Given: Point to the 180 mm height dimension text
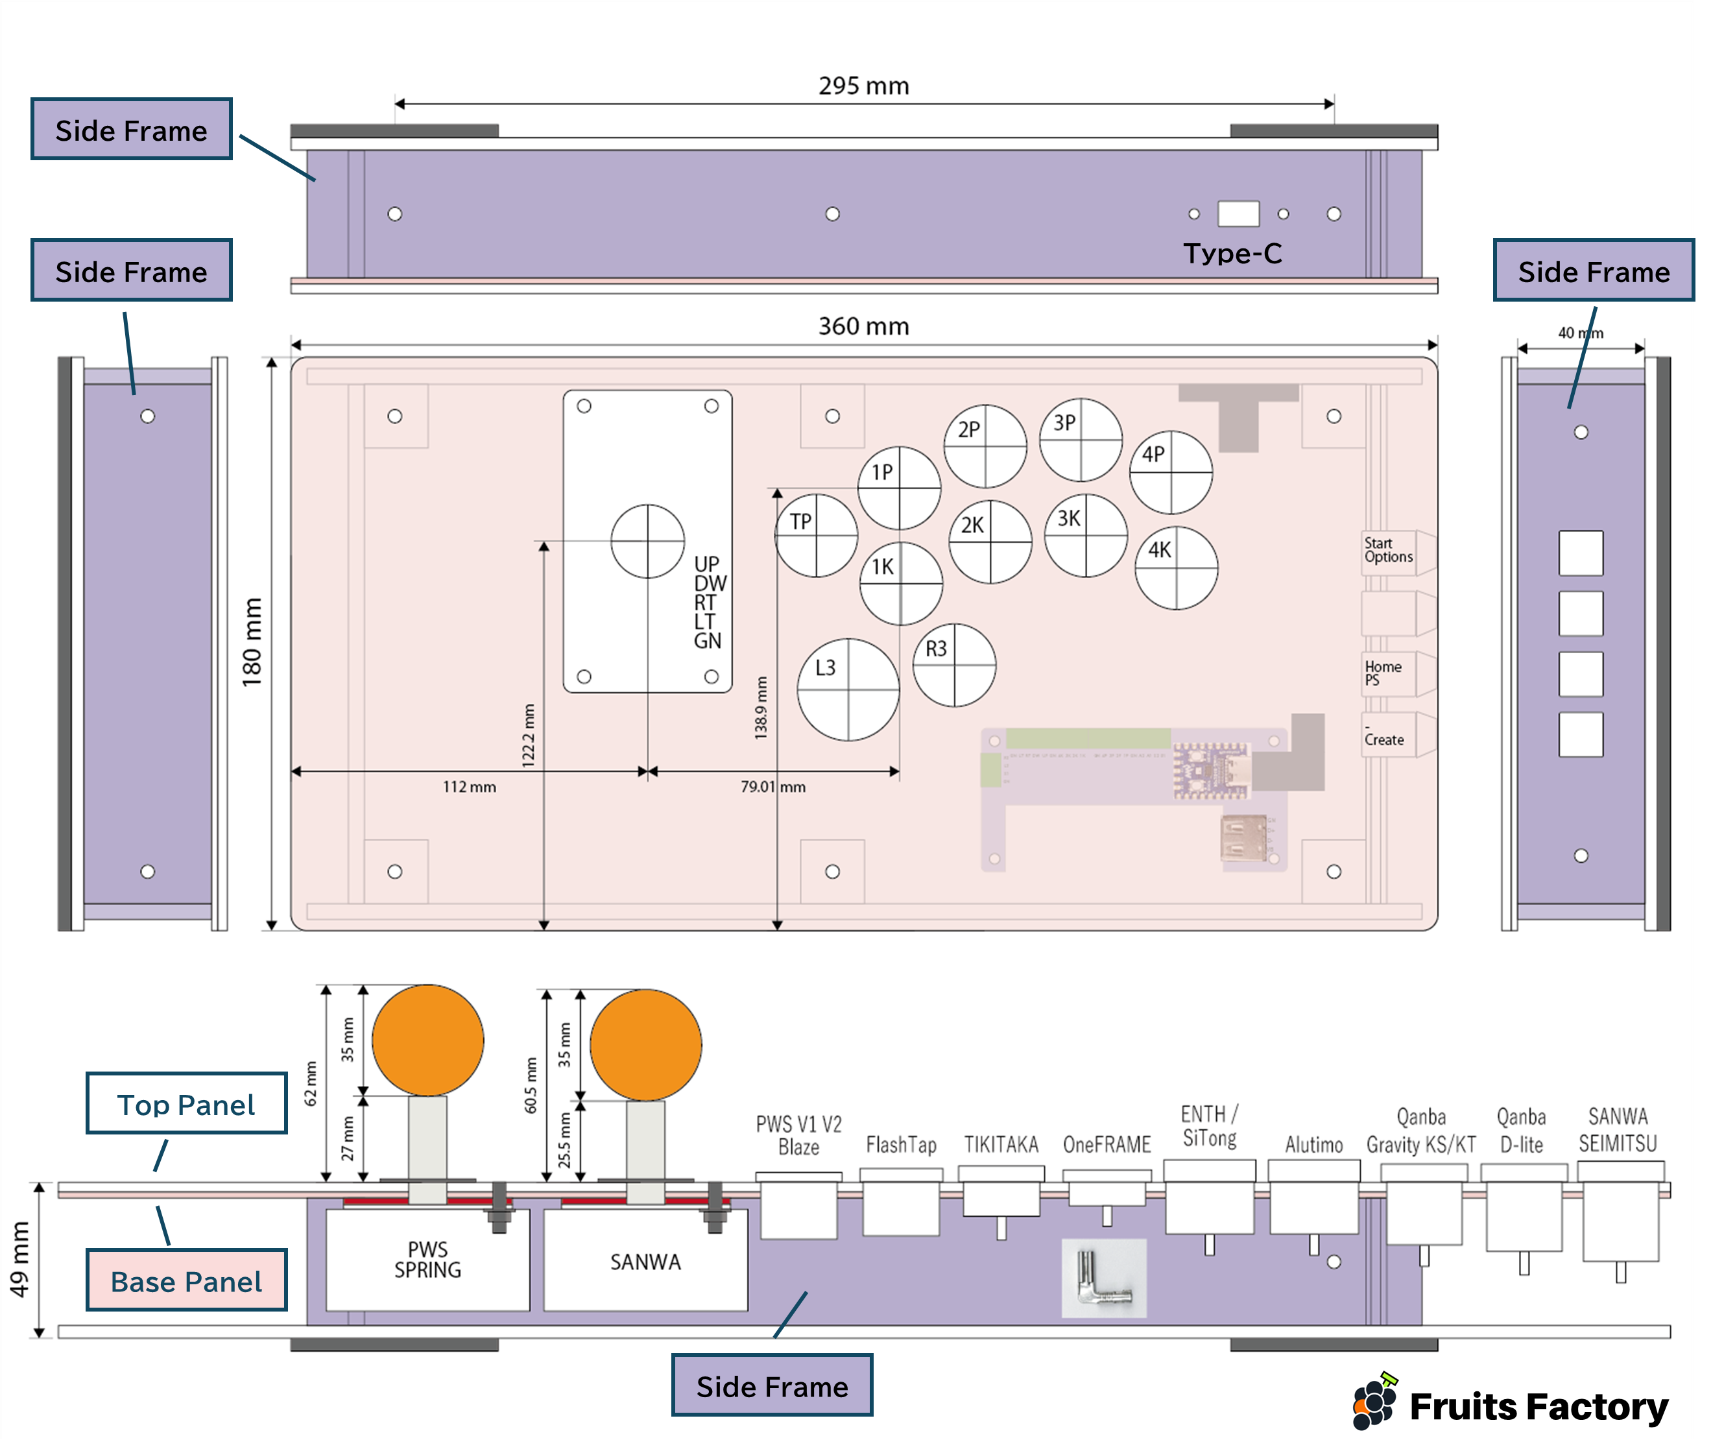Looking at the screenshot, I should click(x=252, y=642).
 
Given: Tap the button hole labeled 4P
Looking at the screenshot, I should click(x=1171, y=472).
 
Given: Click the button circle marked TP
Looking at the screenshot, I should click(x=816, y=536).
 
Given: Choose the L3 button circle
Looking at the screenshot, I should click(x=848, y=690).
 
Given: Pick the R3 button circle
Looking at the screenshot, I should click(x=954, y=665).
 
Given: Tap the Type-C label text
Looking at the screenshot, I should click(x=1232, y=254).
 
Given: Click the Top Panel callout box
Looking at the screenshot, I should click(x=187, y=1104).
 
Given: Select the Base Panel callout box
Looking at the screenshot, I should click(x=187, y=1280).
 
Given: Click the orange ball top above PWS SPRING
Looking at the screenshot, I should click(x=427, y=1040).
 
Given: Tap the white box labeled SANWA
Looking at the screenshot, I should click(x=645, y=1262).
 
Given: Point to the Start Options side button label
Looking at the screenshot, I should click(x=1389, y=550).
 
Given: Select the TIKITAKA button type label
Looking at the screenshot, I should click(x=1001, y=1144).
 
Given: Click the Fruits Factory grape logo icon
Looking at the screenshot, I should click(x=1374, y=1402).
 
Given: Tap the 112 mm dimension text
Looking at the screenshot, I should click(x=469, y=787).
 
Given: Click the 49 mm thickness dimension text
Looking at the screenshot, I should click(x=19, y=1258).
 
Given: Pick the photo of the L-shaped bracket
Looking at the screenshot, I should click(x=1104, y=1277).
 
